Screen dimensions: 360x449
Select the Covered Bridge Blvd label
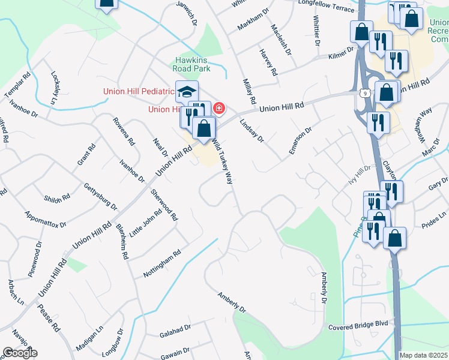click(x=358, y=327)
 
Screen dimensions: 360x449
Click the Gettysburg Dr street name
click(x=100, y=196)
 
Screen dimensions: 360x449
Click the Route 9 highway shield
click(x=366, y=93)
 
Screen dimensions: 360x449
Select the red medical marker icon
click(x=219, y=109)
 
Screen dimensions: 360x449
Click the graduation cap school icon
click(x=187, y=92)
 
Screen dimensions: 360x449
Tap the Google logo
click(x=19, y=353)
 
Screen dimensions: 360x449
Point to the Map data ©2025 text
click(x=424, y=355)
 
